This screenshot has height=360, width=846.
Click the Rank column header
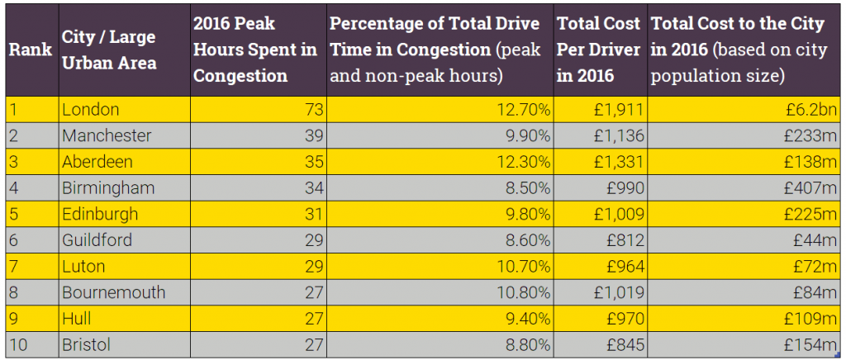click(x=31, y=50)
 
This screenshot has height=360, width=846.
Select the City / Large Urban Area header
click(x=108, y=50)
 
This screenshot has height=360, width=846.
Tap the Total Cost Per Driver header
click(x=599, y=50)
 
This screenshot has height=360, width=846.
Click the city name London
click(x=91, y=109)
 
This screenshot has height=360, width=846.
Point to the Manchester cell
click(x=107, y=135)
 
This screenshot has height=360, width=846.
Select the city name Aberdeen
click(x=97, y=161)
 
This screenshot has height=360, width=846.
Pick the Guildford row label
click(x=97, y=240)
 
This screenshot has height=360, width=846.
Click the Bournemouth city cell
click(x=114, y=292)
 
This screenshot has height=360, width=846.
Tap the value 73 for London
click(x=314, y=109)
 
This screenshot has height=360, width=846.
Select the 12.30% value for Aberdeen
click(x=526, y=161)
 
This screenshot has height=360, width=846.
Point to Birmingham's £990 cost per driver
click(x=623, y=187)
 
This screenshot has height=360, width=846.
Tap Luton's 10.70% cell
click(x=526, y=267)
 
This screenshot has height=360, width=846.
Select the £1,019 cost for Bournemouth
click(x=617, y=292)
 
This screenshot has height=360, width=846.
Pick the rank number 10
click(x=18, y=344)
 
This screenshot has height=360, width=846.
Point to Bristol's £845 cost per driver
click(x=623, y=344)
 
